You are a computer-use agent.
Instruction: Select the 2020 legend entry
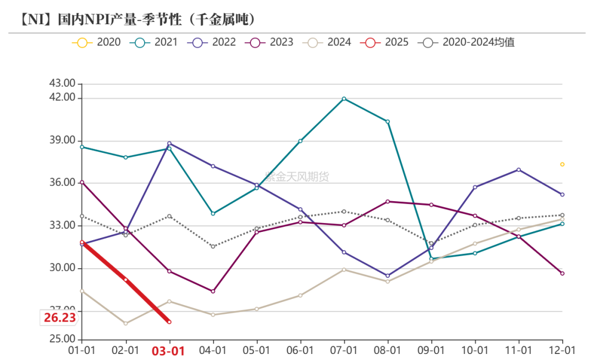point(96,42)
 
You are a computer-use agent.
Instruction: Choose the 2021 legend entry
point(154,42)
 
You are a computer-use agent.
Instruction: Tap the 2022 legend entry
point(212,42)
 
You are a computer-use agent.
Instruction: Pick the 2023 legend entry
point(269,42)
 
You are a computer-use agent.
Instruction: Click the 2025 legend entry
point(384,42)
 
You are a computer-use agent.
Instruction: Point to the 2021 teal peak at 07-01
point(344,99)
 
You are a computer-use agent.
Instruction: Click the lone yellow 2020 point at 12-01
point(562,164)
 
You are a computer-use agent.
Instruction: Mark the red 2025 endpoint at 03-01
point(169,322)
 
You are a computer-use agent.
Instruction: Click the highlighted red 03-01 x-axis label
point(169,351)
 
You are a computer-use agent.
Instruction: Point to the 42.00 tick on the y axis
point(62,98)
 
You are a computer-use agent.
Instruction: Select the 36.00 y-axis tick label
point(62,183)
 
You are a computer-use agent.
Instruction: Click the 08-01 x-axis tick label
point(387,350)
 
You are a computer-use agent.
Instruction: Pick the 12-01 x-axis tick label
point(562,350)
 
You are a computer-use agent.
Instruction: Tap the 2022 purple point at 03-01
point(169,143)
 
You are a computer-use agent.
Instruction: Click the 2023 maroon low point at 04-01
point(213,291)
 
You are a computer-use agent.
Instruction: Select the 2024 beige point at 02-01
point(125,323)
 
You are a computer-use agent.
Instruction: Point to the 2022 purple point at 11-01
point(519,170)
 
